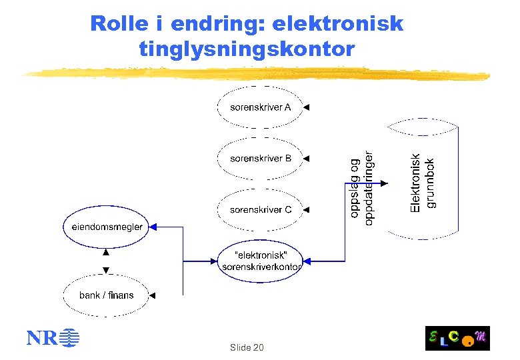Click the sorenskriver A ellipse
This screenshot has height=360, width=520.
260,107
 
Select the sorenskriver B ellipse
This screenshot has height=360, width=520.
260,159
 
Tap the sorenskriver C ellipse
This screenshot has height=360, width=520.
260,209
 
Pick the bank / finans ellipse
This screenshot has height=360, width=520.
107,295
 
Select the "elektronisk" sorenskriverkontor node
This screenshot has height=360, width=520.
260,261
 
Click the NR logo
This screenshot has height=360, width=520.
52,338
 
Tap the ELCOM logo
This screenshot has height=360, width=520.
457,338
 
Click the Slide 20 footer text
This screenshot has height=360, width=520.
247,347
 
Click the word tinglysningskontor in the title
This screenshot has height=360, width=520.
247,49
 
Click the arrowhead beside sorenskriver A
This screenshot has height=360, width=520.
307,107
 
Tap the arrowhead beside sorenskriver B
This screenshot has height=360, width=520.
307,159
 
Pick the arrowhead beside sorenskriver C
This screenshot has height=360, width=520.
307,209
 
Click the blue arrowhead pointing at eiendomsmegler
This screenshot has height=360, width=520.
153,227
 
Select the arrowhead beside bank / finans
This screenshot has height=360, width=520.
153,295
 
